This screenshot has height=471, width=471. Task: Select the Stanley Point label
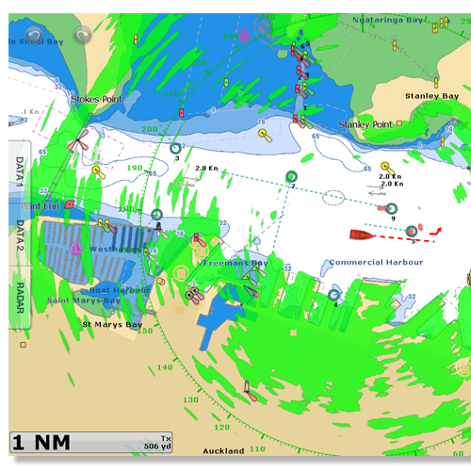point(365,124)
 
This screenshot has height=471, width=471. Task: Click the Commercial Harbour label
point(375,262)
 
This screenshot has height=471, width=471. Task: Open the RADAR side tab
point(19,296)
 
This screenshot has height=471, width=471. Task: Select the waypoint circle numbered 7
point(291,176)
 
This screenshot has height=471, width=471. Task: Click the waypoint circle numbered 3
point(175,148)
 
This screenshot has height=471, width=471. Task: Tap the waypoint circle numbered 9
point(392,209)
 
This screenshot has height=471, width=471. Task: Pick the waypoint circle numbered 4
point(333,295)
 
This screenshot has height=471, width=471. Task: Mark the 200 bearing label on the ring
point(149,129)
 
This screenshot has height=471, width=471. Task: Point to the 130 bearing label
point(191,400)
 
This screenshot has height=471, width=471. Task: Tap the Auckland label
point(223,451)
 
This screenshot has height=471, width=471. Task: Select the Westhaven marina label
point(111,249)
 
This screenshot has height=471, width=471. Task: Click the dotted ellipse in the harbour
point(333,197)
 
